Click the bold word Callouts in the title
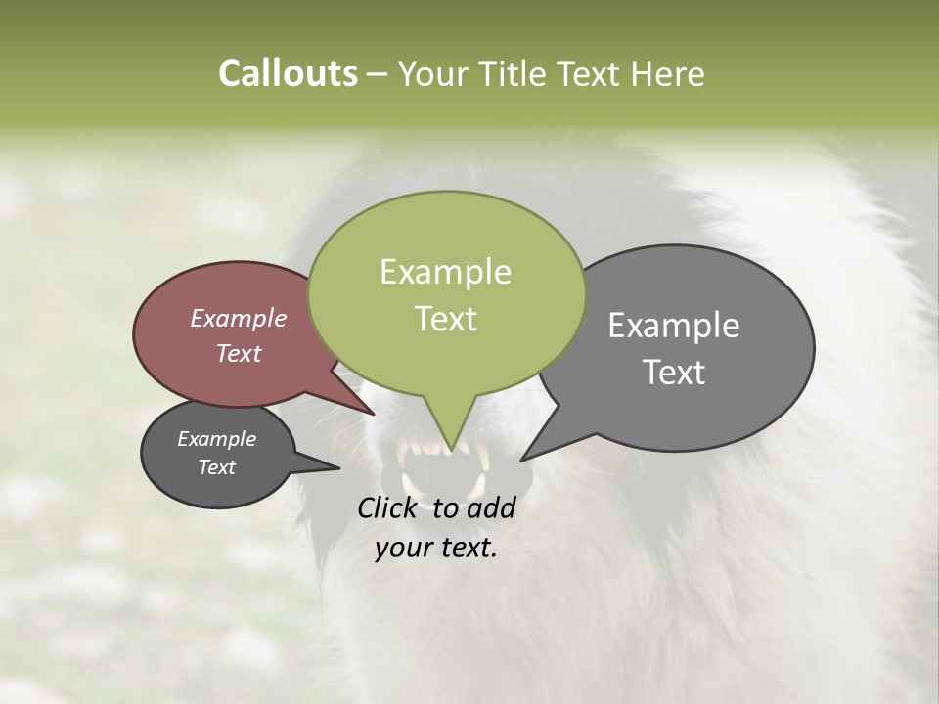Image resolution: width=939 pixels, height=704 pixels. point(288,73)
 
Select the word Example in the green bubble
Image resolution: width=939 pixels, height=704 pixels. point(445,272)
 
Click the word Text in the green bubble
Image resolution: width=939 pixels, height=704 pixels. point(445,319)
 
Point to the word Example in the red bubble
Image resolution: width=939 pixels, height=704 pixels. point(239,318)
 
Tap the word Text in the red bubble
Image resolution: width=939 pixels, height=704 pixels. point(239,353)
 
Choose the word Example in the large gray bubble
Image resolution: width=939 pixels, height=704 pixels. point(674,326)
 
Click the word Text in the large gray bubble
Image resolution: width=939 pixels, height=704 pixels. point(674,373)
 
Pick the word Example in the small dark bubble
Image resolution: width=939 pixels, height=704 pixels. point(216,439)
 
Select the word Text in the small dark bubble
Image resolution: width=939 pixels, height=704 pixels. point(216,467)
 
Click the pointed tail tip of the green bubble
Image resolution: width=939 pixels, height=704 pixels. point(449,452)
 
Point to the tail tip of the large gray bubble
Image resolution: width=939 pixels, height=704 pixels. point(521,460)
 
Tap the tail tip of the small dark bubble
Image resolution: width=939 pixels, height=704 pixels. point(338,468)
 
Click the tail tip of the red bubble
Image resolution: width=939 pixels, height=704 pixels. point(375,414)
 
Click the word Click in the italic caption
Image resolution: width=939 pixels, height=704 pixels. point(389,507)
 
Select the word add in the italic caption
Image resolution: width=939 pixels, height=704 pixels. point(492,507)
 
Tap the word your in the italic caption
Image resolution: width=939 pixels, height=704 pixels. point(403,548)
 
